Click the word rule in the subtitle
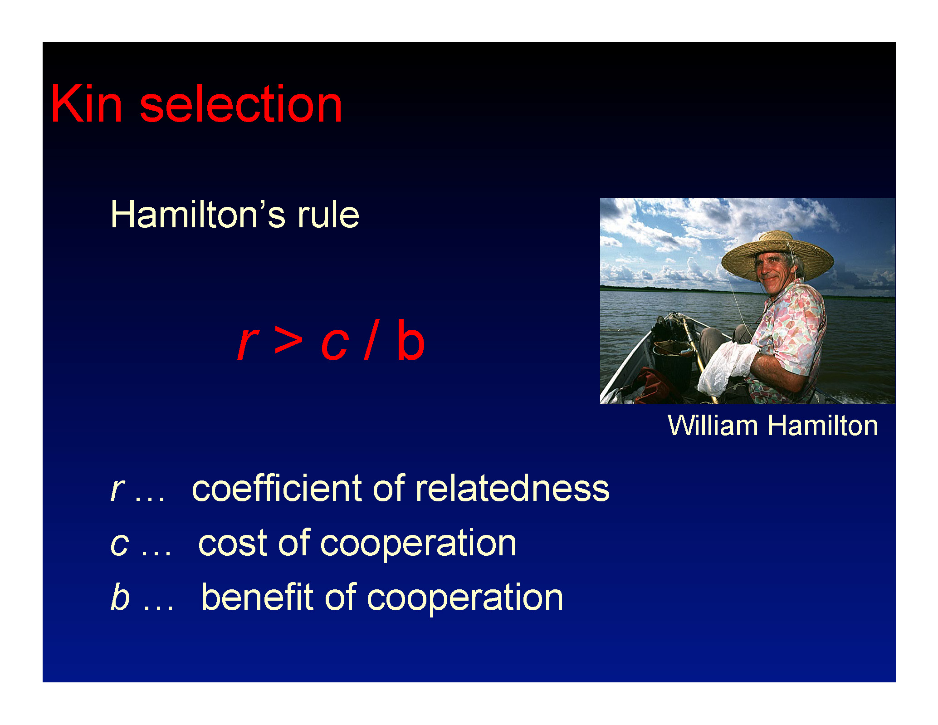click(x=328, y=214)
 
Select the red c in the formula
click(x=335, y=344)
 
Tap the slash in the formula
click(x=371, y=339)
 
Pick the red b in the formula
click(x=410, y=339)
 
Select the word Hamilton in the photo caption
click(x=823, y=426)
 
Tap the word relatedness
click(x=513, y=488)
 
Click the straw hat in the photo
click(x=777, y=255)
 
